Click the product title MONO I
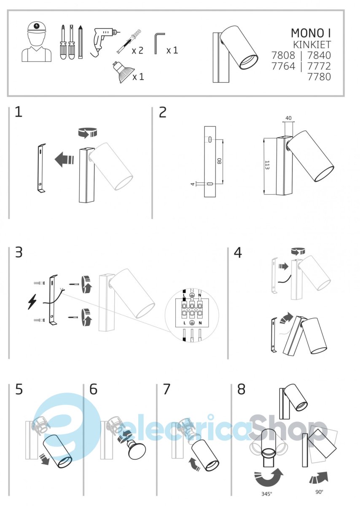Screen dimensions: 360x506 pos(311,33)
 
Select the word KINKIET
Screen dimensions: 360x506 pos(312,45)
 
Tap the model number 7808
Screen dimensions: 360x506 pos(283,55)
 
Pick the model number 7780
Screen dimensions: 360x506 pos(319,77)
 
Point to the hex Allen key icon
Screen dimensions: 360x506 pos(159,43)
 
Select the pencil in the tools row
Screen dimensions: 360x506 pos(81,42)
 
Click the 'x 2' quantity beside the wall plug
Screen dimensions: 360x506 pos(137,50)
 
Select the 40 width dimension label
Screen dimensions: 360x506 pos(288,118)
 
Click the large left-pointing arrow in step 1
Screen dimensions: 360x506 pos(64,159)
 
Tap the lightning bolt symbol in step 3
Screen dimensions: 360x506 pos(32,302)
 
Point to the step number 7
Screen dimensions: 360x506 pos(166,389)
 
